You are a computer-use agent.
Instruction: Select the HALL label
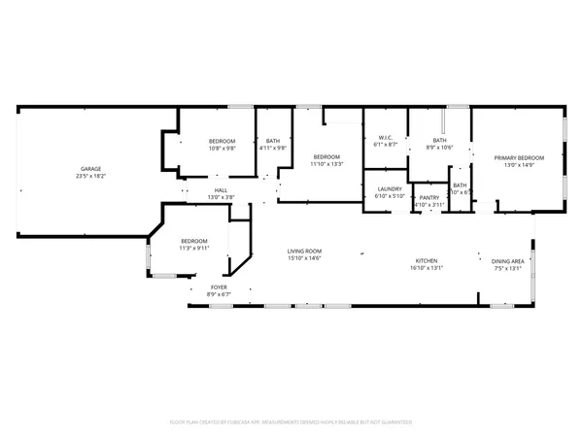point(221,189)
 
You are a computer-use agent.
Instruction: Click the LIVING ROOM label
point(304,252)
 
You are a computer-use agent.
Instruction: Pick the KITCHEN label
point(427,260)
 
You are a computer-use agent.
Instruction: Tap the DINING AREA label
point(507,260)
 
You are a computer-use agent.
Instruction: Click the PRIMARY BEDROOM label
point(519,157)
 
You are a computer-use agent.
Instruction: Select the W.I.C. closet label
point(384,138)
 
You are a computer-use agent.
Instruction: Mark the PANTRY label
point(429,197)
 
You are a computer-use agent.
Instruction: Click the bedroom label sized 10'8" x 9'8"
point(222,142)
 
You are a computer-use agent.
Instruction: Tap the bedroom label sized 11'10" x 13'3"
point(326,157)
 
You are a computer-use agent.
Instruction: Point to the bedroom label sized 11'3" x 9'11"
point(193,241)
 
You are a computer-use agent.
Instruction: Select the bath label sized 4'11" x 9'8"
point(272,142)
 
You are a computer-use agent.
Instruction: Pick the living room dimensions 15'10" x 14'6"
point(304,259)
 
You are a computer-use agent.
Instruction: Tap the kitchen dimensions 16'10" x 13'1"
point(427,268)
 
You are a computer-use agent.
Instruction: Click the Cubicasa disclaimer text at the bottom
point(291,422)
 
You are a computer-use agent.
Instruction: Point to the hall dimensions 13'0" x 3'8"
point(221,197)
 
